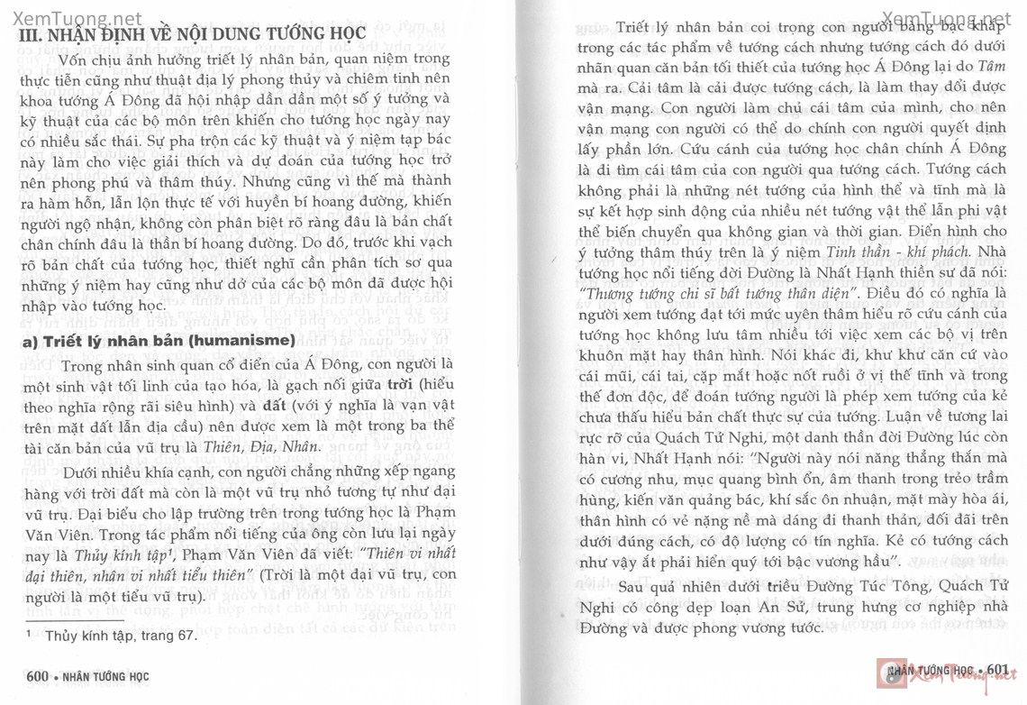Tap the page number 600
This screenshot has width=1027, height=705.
37,675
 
